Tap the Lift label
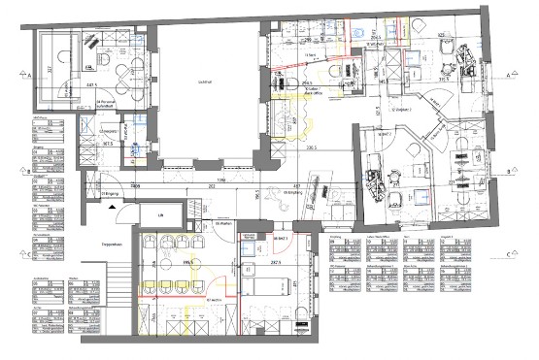click(x=161, y=214)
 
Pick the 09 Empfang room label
click(x=288, y=193)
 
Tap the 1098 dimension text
click(x=221, y=181)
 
